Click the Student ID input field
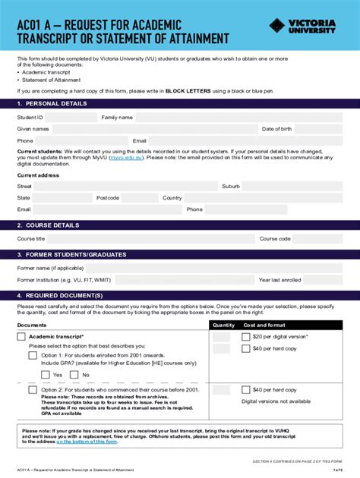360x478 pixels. (71, 118)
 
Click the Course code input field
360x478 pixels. (318, 239)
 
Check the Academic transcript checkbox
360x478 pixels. (21, 336)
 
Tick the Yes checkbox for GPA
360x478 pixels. (46, 375)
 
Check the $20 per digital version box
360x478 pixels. (246, 336)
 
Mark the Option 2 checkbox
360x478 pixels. (33, 390)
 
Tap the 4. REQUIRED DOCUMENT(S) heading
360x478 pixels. (59, 294)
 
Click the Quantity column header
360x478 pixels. (223, 325)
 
